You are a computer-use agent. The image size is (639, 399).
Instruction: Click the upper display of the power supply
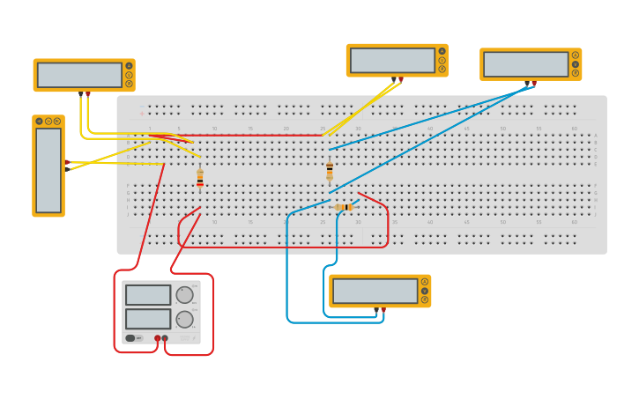(148, 295)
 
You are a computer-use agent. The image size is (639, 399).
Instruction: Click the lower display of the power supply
(148, 318)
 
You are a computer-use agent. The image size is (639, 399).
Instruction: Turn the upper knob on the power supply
(184, 295)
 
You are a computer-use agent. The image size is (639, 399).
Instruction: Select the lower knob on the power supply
(184, 319)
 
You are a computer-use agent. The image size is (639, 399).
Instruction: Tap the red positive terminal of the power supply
(158, 337)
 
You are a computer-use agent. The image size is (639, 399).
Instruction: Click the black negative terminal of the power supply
(165, 337)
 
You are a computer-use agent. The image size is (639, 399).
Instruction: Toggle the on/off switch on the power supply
(130, 337)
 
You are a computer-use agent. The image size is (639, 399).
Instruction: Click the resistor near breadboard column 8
(200, 177)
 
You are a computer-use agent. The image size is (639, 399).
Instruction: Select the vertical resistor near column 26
(330, 170)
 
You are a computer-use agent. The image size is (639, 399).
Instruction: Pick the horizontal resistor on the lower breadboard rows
(344, 207)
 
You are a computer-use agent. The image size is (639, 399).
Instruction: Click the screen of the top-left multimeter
(79, 75)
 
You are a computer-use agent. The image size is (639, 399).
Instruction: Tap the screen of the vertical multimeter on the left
(48, 170)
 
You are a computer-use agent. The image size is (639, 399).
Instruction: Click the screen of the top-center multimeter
(392, 61)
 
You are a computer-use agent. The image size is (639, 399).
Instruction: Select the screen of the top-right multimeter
(526, 64)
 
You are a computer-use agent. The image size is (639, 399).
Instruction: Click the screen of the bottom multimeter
(375, 291)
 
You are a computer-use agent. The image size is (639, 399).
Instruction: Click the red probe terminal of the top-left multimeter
(87, 92)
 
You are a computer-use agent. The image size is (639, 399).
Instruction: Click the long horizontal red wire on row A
(256, 135)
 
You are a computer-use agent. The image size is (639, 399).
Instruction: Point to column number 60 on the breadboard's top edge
(574, 129)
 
